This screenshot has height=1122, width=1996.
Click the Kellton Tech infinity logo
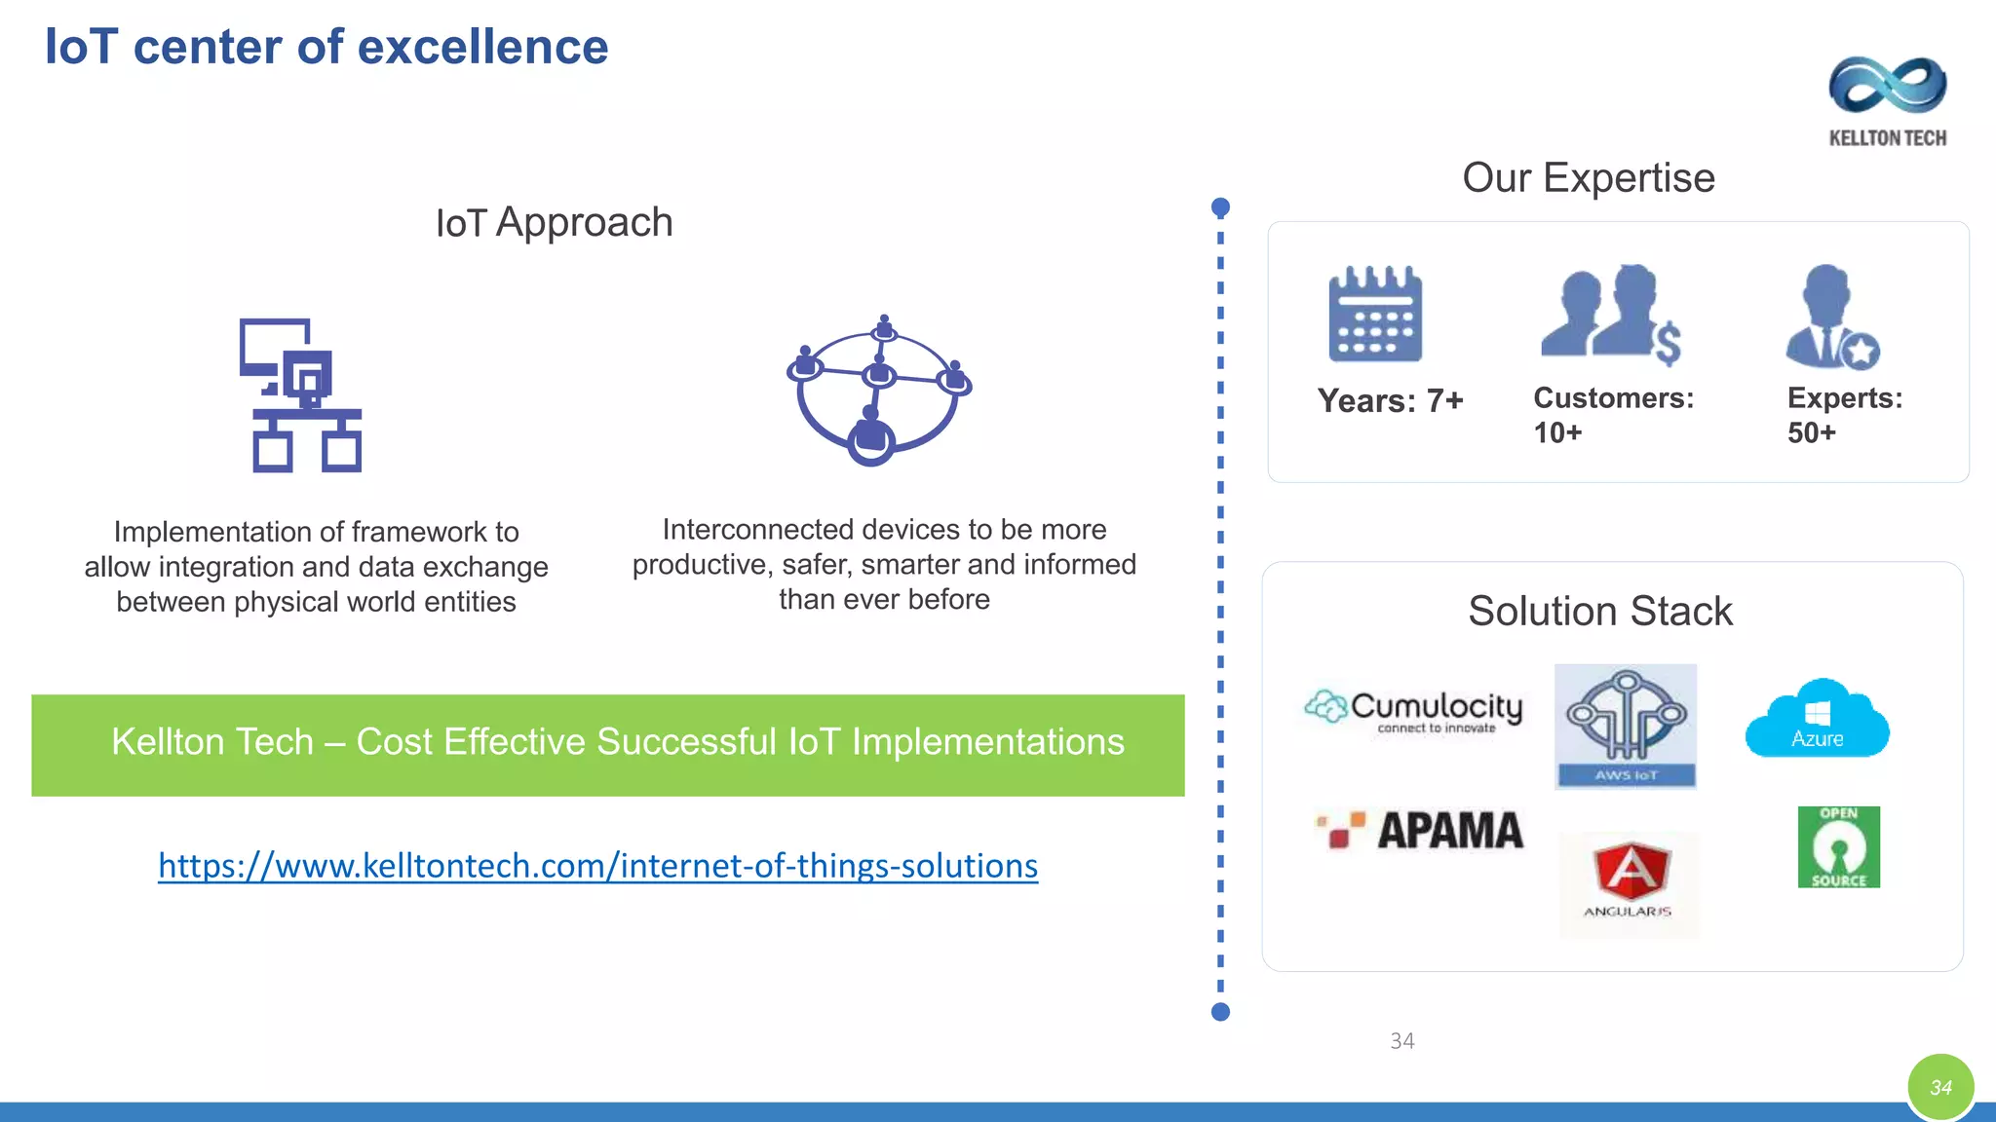(x=1888, y=86)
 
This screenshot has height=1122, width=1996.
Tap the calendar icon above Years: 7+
(x=1375, y=315)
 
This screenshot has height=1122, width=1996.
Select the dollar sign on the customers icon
(x=1668, y=343)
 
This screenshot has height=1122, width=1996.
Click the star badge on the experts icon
(x=1861, y=351)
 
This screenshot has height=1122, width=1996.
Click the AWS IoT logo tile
(x=1626, y=727)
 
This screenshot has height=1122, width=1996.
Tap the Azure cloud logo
(x=1817, y=719)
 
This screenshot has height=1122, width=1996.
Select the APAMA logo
(x=1420, y=831)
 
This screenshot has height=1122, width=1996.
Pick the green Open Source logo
(x=1838, y=846)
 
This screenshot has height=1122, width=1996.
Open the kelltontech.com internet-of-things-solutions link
(x=597, y=866)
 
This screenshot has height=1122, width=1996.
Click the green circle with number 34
(x=1940, y=1087)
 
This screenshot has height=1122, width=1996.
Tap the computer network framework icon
(x=301, y=395)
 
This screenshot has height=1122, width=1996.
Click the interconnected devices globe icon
(x=878, y=391)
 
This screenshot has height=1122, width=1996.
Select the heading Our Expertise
(x=1588, y=178)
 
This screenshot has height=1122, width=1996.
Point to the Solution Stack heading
(x=1600, y=612)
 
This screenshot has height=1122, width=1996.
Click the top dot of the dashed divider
(x=1220, y=207)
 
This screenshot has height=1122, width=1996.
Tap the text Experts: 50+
(x=1844, y=415)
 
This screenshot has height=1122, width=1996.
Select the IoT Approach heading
(x=554, y=223)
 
